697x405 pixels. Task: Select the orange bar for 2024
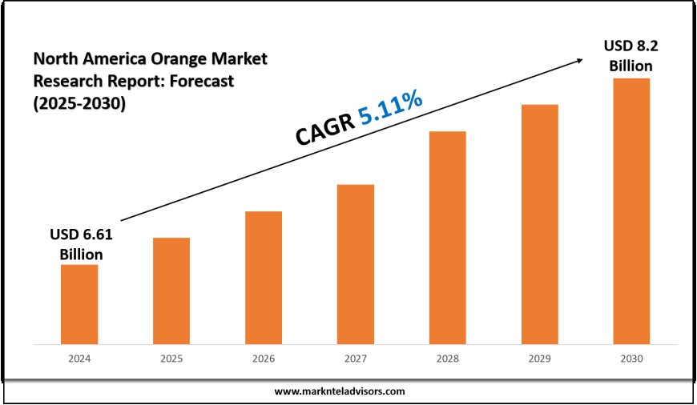point(79,304)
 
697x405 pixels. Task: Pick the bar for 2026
point(264,278)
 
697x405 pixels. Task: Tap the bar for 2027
point(356,264)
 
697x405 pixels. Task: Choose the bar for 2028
point(448,238)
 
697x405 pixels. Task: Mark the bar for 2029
point(539,224)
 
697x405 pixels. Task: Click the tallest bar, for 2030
point(631,211)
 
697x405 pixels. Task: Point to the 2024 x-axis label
point(79,360)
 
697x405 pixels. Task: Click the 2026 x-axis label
point(264,360)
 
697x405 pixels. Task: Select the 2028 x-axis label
point(448,360)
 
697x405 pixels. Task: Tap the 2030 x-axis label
point(631,360)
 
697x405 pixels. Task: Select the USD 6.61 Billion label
point(82,244)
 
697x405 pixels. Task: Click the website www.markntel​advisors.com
point(340,391)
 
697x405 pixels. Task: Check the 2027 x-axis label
point(356,360)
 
